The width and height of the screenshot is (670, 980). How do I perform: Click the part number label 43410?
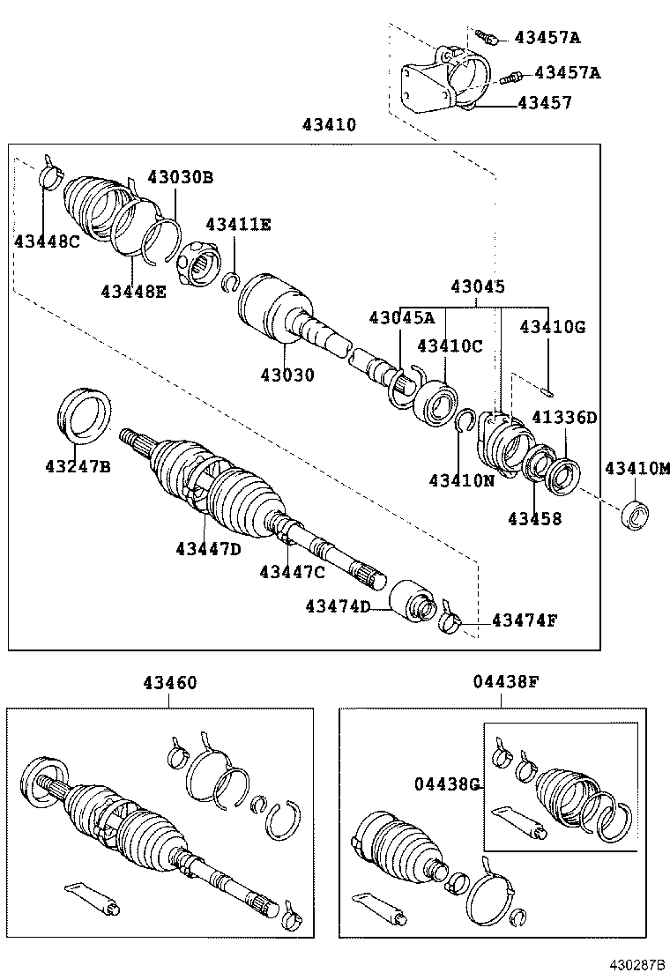pos(329,125)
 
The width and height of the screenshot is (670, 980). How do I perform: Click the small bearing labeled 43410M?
pos(636,514)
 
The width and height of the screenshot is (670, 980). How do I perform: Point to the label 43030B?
pos(180,176)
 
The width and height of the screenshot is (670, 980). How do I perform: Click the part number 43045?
pos(478,286)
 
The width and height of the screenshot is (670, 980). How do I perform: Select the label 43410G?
pos(552,326)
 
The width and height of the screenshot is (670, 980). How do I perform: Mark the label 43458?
pos(534,519)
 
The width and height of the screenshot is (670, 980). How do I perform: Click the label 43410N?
pos(462,480)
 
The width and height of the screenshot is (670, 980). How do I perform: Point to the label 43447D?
pos(207,549)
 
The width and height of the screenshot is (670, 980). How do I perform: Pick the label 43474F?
pos(525,620)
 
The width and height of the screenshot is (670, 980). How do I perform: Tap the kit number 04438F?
pos(502,680)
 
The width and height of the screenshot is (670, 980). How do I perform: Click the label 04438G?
pos(448,783)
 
